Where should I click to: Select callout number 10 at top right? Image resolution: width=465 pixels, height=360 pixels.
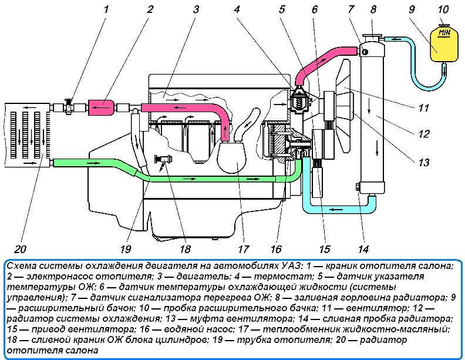tap(443, 9)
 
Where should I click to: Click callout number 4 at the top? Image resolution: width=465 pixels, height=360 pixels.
tap(253, 9)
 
